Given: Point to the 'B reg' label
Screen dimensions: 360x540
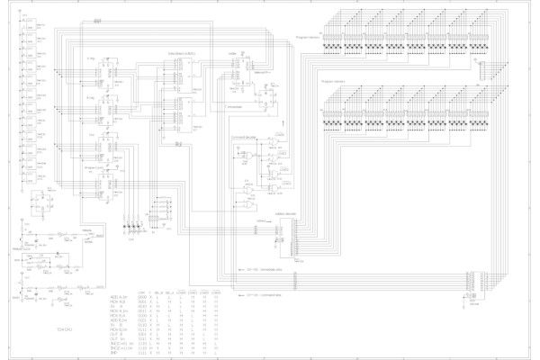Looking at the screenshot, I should tap(93, 93).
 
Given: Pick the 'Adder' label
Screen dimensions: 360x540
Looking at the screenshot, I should tap(233, 54).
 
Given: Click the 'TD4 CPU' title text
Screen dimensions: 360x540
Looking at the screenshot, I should tap(63, 330).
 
